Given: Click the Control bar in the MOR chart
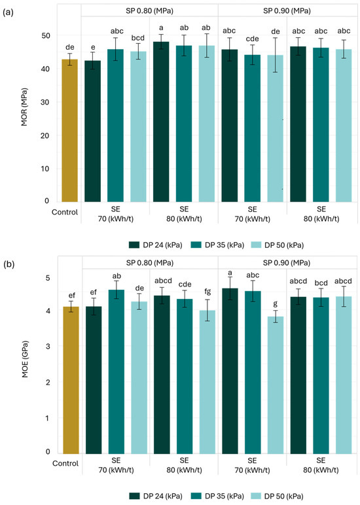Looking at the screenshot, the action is (x=69, y=130).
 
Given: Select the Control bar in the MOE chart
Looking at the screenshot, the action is (x=71, y=380).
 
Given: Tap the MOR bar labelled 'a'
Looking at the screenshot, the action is (x=161, y=122).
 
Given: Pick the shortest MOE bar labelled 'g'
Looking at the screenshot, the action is (x=276, y=385).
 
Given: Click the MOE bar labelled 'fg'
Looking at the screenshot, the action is (x=207, y=382).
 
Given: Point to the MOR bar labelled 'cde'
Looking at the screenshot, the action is (x=253, y=128).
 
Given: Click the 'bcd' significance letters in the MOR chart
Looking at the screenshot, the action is (x=138, y=38).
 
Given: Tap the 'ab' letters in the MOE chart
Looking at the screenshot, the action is (x=117, y=276).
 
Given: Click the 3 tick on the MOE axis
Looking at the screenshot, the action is (x=48, y=346).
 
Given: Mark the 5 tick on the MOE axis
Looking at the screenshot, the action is (x=48, y=277).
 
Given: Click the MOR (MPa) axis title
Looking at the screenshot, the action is (x=24, y=107).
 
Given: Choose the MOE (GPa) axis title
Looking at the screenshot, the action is (x=25, y=358).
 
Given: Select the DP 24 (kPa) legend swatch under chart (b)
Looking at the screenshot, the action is (x=134, y=496).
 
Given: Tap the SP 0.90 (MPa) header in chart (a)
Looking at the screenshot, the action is (x=287, y=10).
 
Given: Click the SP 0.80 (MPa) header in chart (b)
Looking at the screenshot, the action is (x=150, y=263).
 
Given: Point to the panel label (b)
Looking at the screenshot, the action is (x=9, y=264).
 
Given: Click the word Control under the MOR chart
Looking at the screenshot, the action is (x=65, y=212).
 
